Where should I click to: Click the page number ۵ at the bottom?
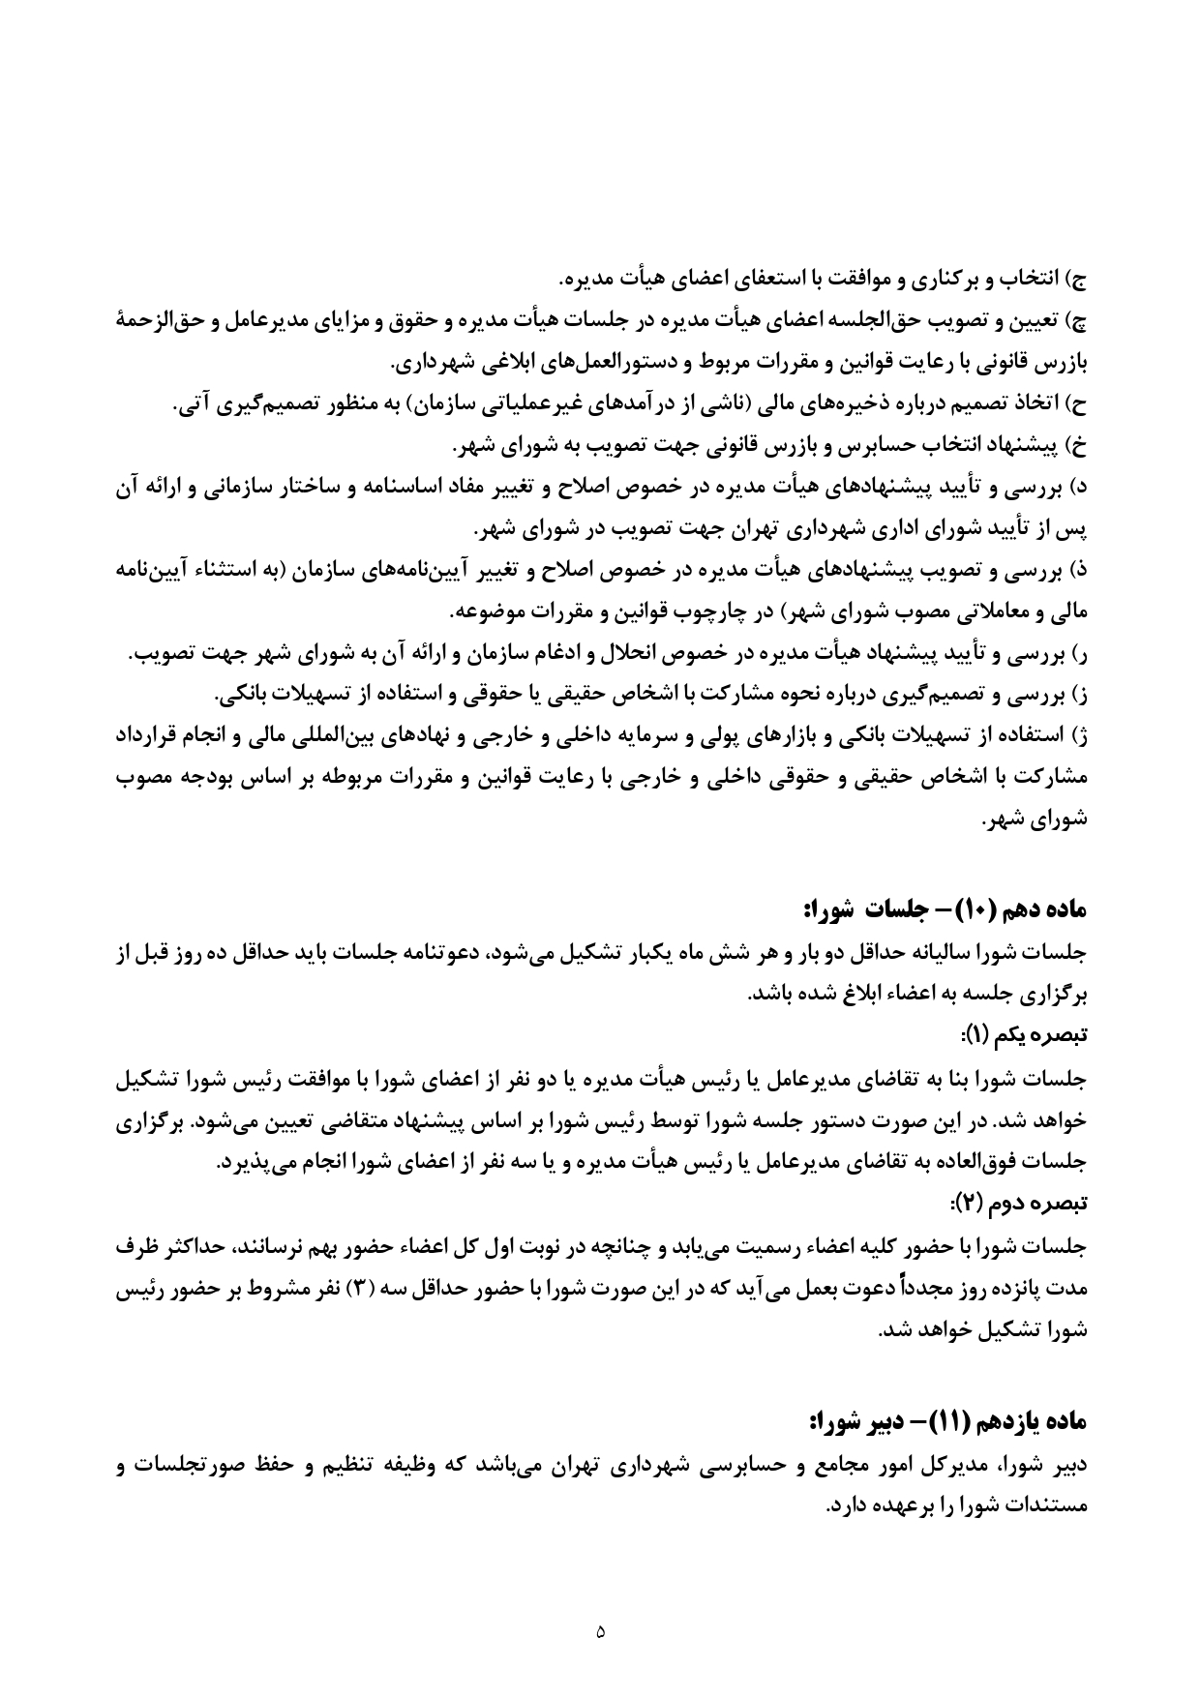pyautogui.click(x=600, y=1632)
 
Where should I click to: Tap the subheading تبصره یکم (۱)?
pyautogui.click(x=1035, y=1035)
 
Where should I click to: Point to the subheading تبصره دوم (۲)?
pyautogui.click(x=1033, y=1204)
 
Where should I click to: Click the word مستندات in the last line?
pyautogui.click(x=1044, y=1506)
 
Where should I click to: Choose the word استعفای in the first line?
pyautogui.click(x=782, y=280)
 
